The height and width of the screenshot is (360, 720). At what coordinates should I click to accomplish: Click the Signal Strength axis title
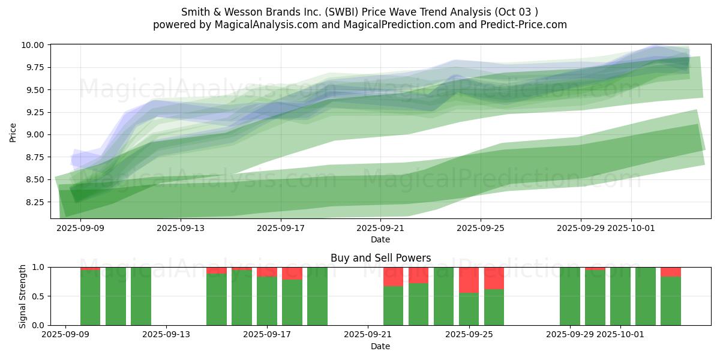23,296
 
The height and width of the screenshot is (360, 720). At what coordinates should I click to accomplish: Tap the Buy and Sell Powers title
380,258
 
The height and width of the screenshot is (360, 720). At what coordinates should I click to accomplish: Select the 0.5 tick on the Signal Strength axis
40,296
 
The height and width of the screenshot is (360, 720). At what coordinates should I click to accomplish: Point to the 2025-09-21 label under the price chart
380,228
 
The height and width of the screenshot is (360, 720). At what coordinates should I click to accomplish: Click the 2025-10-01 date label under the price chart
631,228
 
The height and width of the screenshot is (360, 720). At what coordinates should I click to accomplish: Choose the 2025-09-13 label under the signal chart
166,334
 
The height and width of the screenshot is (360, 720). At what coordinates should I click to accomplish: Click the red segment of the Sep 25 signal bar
469,280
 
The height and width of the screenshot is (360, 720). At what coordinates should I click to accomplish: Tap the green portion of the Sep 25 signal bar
469,309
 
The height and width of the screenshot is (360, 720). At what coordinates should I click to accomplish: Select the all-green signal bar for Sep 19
317,296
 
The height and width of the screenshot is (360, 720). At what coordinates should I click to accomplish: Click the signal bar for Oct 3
670,300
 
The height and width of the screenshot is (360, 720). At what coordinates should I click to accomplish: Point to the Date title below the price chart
380,239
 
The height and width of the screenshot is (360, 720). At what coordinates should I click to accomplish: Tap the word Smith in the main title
194,12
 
